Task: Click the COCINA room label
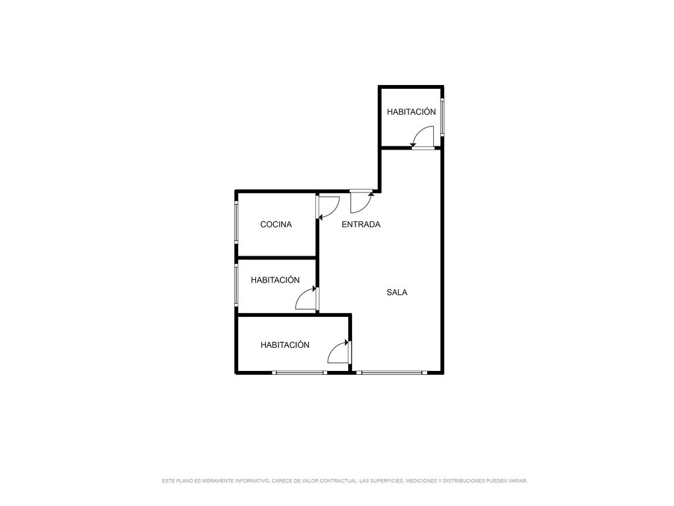pyautogui.click(x=276, y=224)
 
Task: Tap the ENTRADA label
pyautogui.click(x=361, y=224)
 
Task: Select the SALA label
pyautogui.click(x=397, y=292)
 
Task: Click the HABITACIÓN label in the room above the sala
pyautogui.click(x=411, y=111)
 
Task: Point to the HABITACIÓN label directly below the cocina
pyautogui.click(x=275, y=279)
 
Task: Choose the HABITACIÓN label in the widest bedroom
pyautogui.click(x=285, y=345)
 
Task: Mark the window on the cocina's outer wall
pyautogui.click(x=236, y=223)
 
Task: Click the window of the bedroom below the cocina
pyautogui.click(x=236, y=285)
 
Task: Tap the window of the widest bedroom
pyautogui.click(x=299, y=373)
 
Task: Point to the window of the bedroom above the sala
pyautogui.click(x=442, y=118)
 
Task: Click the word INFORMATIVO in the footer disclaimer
pyautogui.click(x=252, y=481)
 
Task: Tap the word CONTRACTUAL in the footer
pyautogui.click(x=338, y=481)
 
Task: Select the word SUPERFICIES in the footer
pyautogui.click(x=386, y=481)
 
